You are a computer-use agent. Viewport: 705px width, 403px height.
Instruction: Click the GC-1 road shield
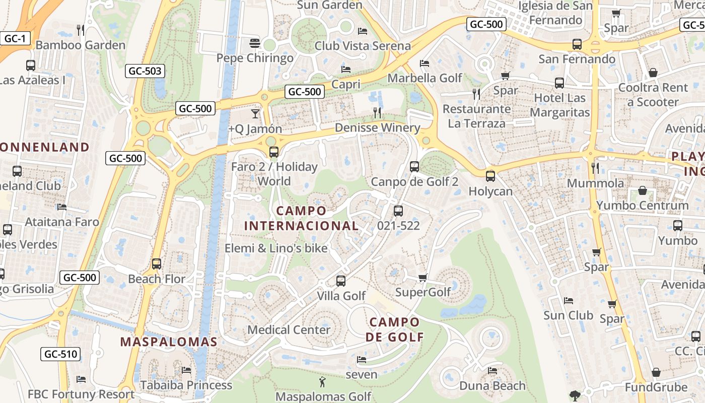pos(15,38)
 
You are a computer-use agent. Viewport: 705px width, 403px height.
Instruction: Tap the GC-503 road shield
pos(145,71)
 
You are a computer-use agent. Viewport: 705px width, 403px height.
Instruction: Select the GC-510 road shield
pos(61,354)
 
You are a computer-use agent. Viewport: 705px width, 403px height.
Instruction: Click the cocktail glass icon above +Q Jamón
pos(255,113)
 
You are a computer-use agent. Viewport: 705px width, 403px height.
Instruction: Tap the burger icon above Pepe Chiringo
pos(254,43)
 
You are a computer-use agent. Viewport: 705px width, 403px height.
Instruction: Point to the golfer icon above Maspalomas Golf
pos(323,382)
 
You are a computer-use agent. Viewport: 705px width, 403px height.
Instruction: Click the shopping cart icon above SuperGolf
pos(423,278)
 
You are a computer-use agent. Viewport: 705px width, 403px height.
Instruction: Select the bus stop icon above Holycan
pos(490,176)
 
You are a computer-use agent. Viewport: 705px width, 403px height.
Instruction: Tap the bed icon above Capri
pos(346,70)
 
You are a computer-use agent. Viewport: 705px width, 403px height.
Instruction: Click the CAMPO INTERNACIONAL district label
pos(301,218)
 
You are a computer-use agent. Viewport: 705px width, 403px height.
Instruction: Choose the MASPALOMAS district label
pos(169,342)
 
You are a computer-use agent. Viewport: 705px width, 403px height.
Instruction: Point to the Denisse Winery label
pos(377,127)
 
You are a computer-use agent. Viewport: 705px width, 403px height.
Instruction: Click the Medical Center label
pos(289,330)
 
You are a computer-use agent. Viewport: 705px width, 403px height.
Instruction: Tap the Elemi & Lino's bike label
pos(276,248)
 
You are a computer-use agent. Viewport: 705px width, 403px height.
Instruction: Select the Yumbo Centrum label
pos(643,205)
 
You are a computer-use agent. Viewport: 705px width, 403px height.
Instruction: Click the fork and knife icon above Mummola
pos(595,168)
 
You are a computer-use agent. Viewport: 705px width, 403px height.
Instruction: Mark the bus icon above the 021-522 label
pos(398,211)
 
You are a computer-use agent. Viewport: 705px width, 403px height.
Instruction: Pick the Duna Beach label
pos(492,386)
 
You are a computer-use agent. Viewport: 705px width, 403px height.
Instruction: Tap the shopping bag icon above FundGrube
pos(656,372)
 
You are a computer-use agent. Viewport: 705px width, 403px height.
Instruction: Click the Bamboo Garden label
pos(81,45)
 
